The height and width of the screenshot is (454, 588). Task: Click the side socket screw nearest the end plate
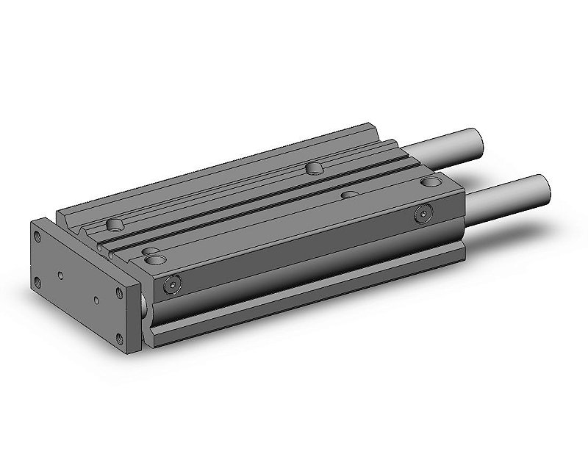pyautogui.click(x=172, y=284)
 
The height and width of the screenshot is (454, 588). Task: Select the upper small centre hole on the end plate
pyautogui.click(x=60, y=276)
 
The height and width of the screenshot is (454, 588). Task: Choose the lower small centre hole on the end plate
pyautogui.click(x=95, y=300)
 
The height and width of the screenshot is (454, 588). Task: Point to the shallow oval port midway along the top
pyautogui.click(x=350, y=195)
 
